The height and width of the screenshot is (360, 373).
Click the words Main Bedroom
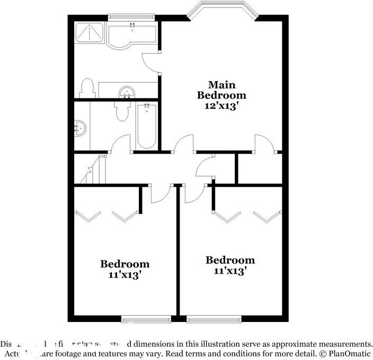click(x=221, y=90)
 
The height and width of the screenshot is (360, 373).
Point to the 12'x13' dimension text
click(x=221, y=106)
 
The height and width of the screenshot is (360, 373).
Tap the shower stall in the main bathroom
click(x=90, y=33)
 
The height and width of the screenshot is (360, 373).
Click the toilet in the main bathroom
click(x=87, y=88)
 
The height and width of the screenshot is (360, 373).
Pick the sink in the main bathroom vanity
click(x=127, y=93)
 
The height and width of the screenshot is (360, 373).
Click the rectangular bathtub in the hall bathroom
click(x=146, y=127)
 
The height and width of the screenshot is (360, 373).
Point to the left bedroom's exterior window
click(x=146, y=319)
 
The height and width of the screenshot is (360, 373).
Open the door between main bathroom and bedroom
click(x=152, y=62)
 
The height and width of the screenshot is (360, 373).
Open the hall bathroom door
click(x=121, y=144)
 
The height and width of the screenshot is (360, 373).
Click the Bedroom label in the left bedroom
click(x=125, y=264)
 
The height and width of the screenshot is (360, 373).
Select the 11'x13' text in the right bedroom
click(x=230, y=271)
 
